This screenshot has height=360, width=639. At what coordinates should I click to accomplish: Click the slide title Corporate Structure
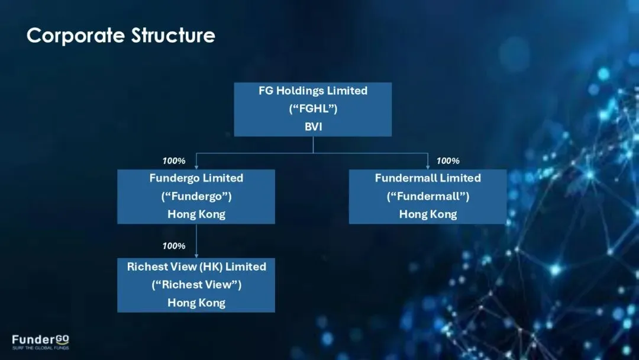pos(121,36)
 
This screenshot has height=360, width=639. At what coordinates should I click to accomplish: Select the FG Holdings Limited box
pos(313,109)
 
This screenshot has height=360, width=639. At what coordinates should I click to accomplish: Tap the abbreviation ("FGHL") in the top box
pos(313,109)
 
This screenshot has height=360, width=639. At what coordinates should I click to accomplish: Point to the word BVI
pos(313,127)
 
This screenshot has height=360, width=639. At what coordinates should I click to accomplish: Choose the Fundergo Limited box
pos(196,197)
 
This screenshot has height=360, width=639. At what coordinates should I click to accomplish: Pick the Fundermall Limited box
pos(428,197)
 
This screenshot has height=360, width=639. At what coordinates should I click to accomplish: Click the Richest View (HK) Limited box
pos(196,285)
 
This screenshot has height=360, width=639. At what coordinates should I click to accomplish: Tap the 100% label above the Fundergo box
pos(174,161)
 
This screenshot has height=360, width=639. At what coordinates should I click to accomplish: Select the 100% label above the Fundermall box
pos(448,161)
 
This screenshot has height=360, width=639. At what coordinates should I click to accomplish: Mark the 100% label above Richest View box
pos(174,246)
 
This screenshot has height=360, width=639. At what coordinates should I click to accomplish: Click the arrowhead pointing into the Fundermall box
pos(428,167)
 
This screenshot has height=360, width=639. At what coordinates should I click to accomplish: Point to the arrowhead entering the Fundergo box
pos(196,167)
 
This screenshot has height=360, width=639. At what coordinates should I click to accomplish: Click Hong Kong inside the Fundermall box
pos(428,214)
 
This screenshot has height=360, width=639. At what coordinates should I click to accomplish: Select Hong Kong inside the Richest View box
pos(196,303)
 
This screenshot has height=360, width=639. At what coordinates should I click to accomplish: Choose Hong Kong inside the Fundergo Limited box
pos(196,214)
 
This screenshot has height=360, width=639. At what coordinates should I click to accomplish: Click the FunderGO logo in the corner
pos(40,340)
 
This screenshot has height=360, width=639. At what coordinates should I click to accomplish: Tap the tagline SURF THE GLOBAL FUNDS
pos(40,348)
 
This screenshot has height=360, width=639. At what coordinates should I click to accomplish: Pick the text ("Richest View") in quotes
pos(196,285)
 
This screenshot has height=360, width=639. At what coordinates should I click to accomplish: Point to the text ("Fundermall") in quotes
pos(428,196)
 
